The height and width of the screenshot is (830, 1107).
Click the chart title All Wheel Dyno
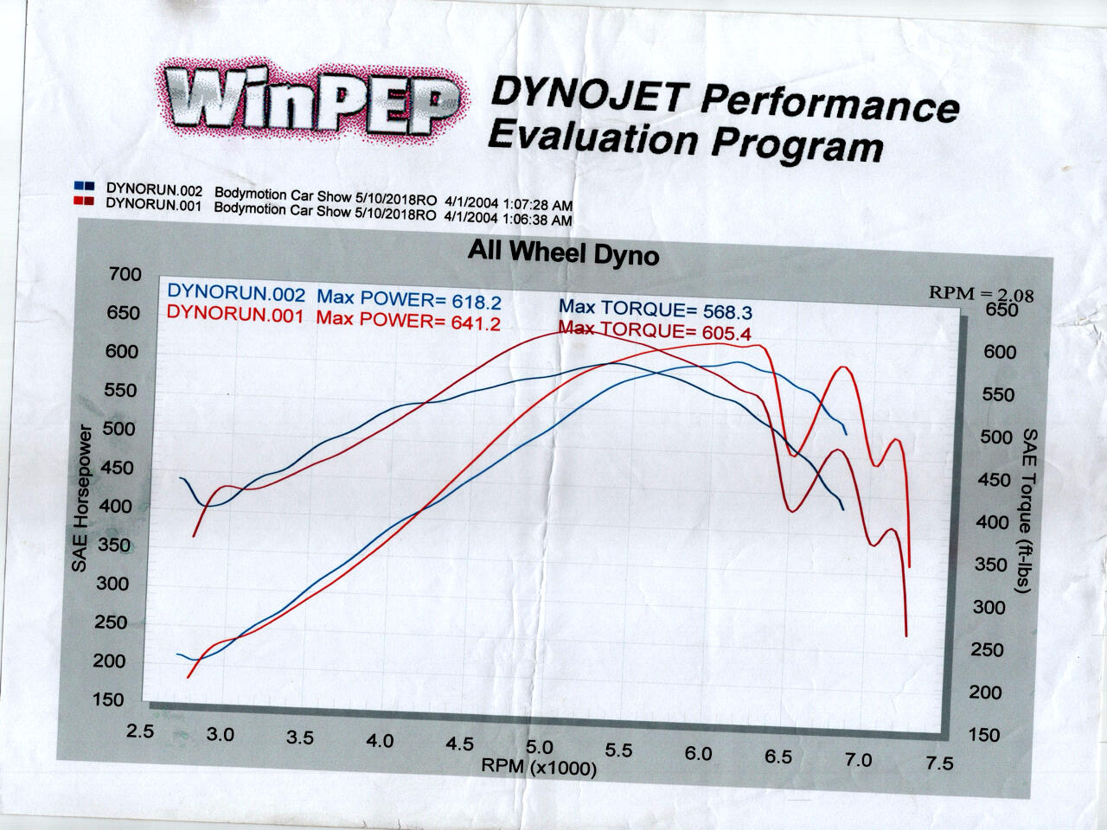(563, 252)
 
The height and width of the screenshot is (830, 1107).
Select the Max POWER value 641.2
(476, 322)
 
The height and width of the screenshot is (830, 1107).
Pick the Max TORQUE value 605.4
(725, 331)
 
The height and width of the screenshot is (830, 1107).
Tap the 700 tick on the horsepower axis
(125, 275)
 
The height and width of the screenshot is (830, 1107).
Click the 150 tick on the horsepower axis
(110, 699)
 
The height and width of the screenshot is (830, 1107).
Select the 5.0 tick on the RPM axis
(539, 747)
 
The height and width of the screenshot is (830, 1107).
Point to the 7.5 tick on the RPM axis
(939, 763)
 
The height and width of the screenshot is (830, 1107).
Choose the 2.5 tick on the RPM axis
(139, 731)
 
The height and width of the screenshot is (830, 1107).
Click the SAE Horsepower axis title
(80, 499)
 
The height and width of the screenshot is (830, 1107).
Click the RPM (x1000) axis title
(539, 767)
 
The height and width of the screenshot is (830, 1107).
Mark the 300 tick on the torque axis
(989, 608)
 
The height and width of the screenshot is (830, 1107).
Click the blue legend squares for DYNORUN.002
(85, 186)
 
